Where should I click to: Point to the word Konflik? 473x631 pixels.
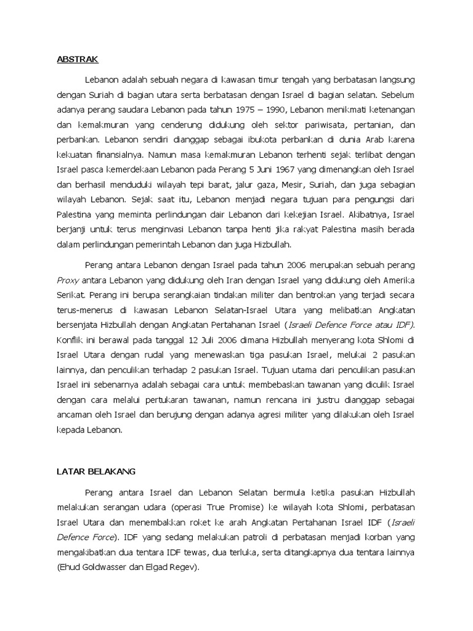click(64, 339)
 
